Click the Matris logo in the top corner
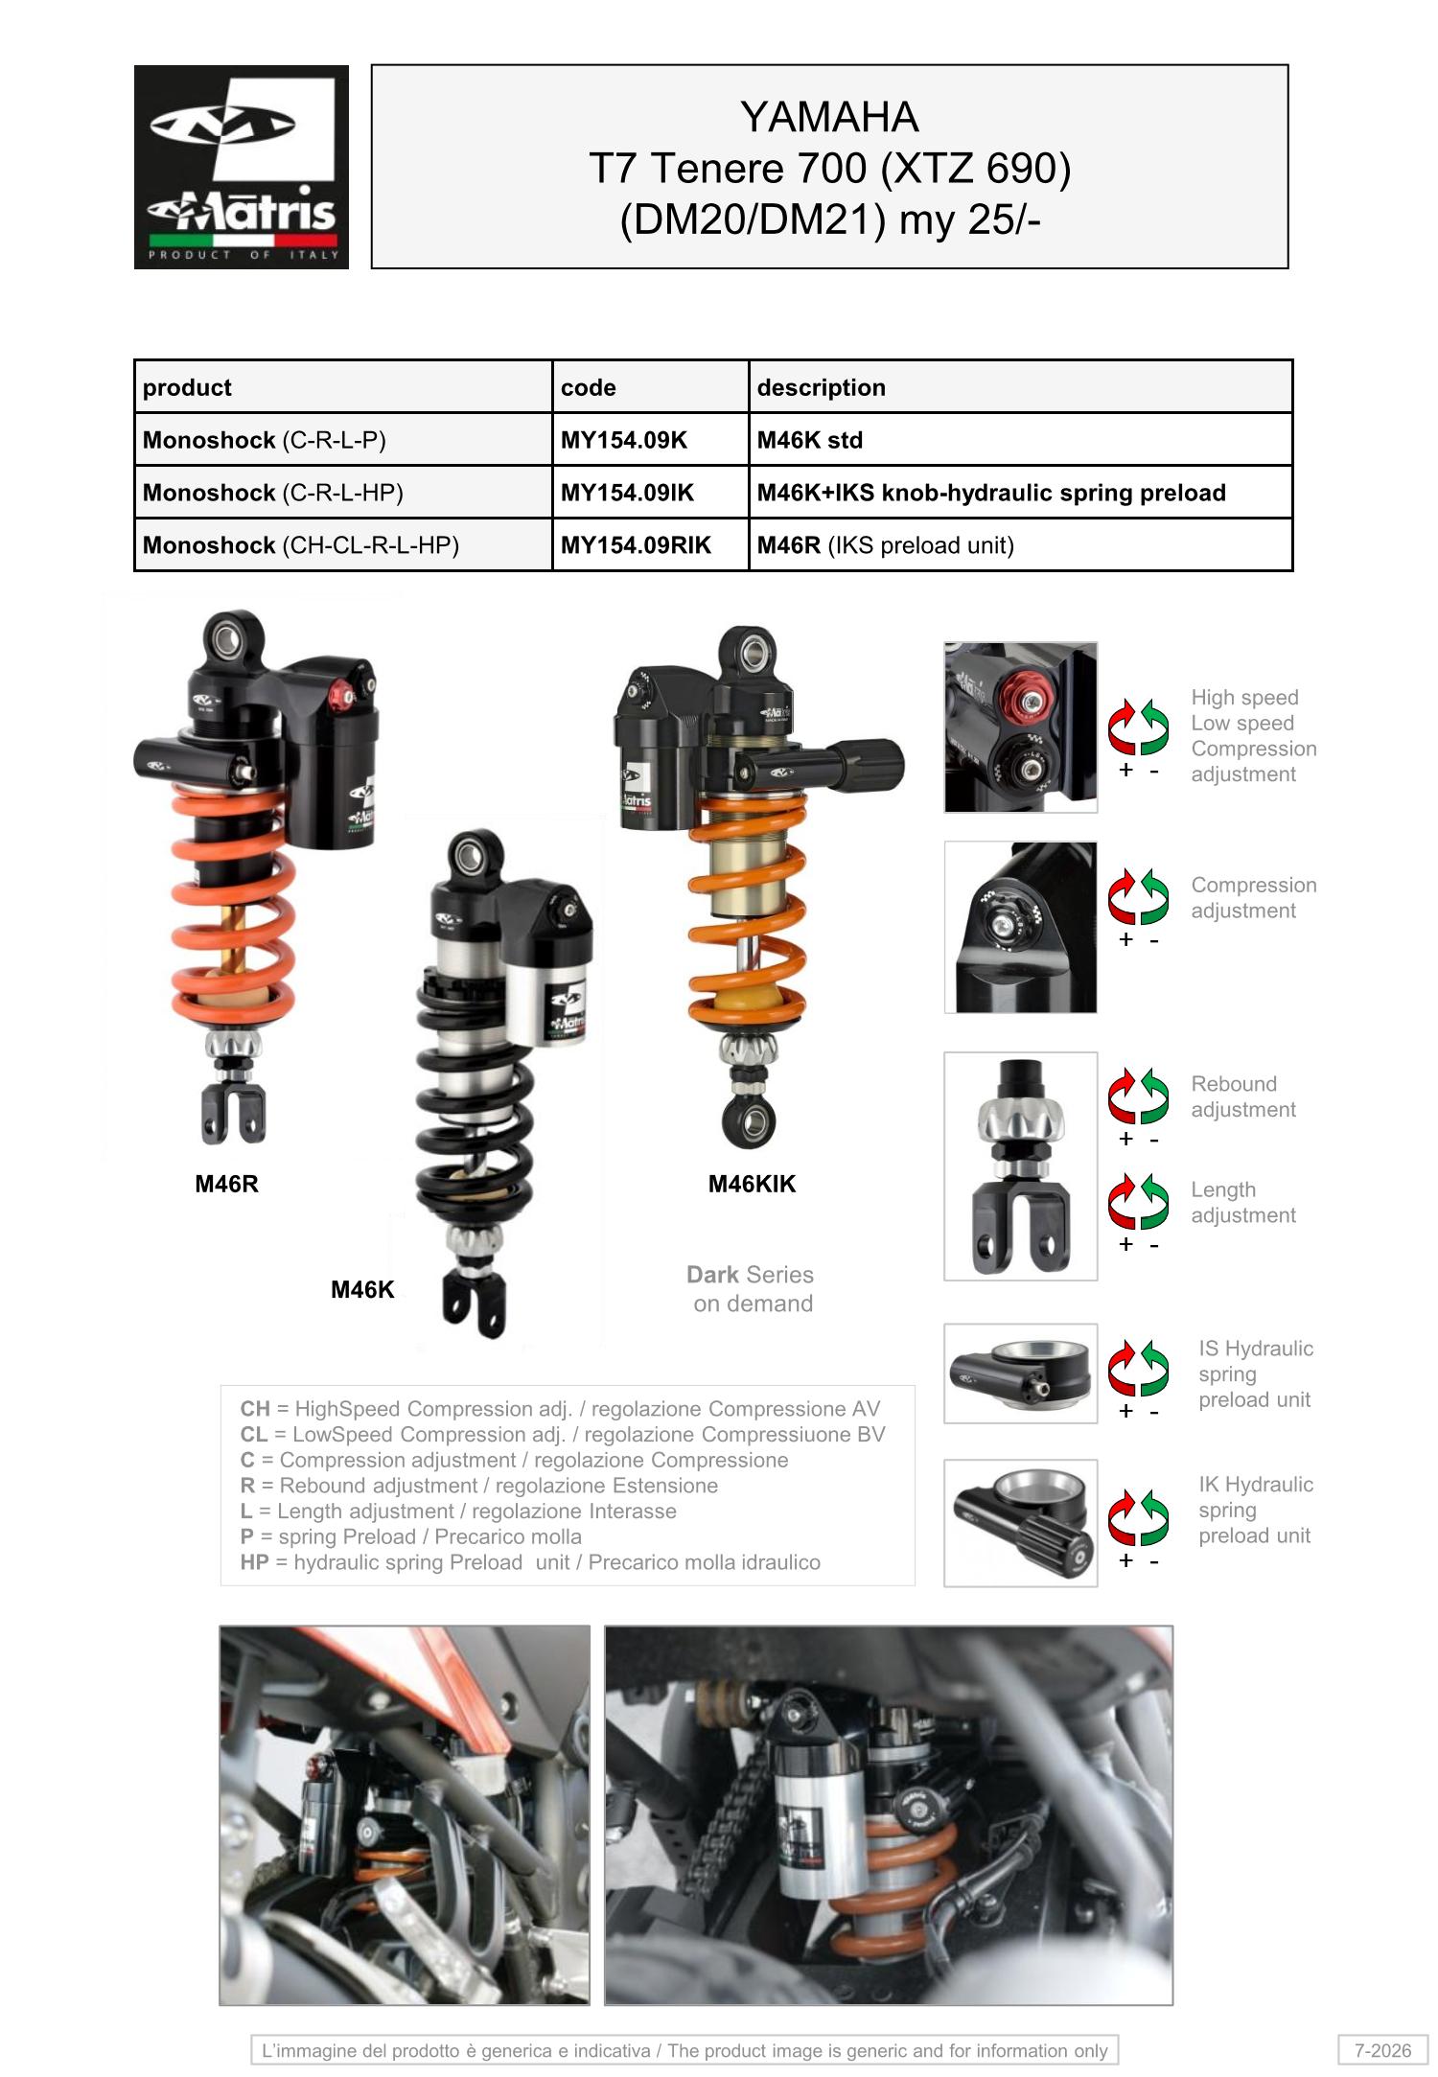[242, 167]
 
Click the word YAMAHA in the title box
[829, 117]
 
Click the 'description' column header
[821, 387]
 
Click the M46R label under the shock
[227, 1184]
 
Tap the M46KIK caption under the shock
[752, 1184]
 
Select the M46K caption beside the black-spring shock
[362, 1289]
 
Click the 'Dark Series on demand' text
[752, 1288]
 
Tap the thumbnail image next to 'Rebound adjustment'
[1021, 1165]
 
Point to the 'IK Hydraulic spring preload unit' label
[1256, 1510]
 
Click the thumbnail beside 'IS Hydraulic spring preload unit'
[1021, 1373]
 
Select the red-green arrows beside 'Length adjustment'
[1139, 1201]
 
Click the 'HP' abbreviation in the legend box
[254, 1562]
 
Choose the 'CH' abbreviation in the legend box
[255, 1409]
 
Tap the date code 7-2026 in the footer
[1382, 2050]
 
